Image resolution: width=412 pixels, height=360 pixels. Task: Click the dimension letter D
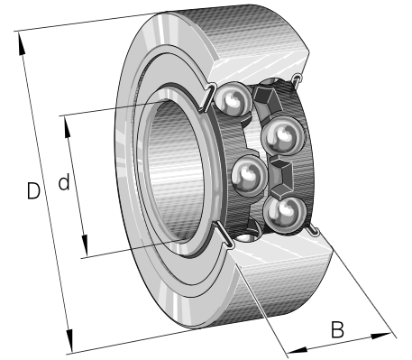point(33,190)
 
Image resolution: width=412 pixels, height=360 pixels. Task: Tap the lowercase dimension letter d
point(64,181)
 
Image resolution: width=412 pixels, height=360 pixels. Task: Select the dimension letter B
point(337,329)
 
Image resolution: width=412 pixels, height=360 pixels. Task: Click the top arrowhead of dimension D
point(21,43)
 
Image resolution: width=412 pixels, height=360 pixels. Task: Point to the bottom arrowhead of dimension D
point(69,340)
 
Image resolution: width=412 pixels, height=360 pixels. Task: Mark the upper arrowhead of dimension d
point(67,127)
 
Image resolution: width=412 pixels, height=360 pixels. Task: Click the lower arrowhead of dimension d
point(85,245)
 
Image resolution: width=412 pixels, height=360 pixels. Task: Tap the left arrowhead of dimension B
point(298,350)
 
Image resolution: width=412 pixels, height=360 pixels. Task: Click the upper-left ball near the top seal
point(233,98)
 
